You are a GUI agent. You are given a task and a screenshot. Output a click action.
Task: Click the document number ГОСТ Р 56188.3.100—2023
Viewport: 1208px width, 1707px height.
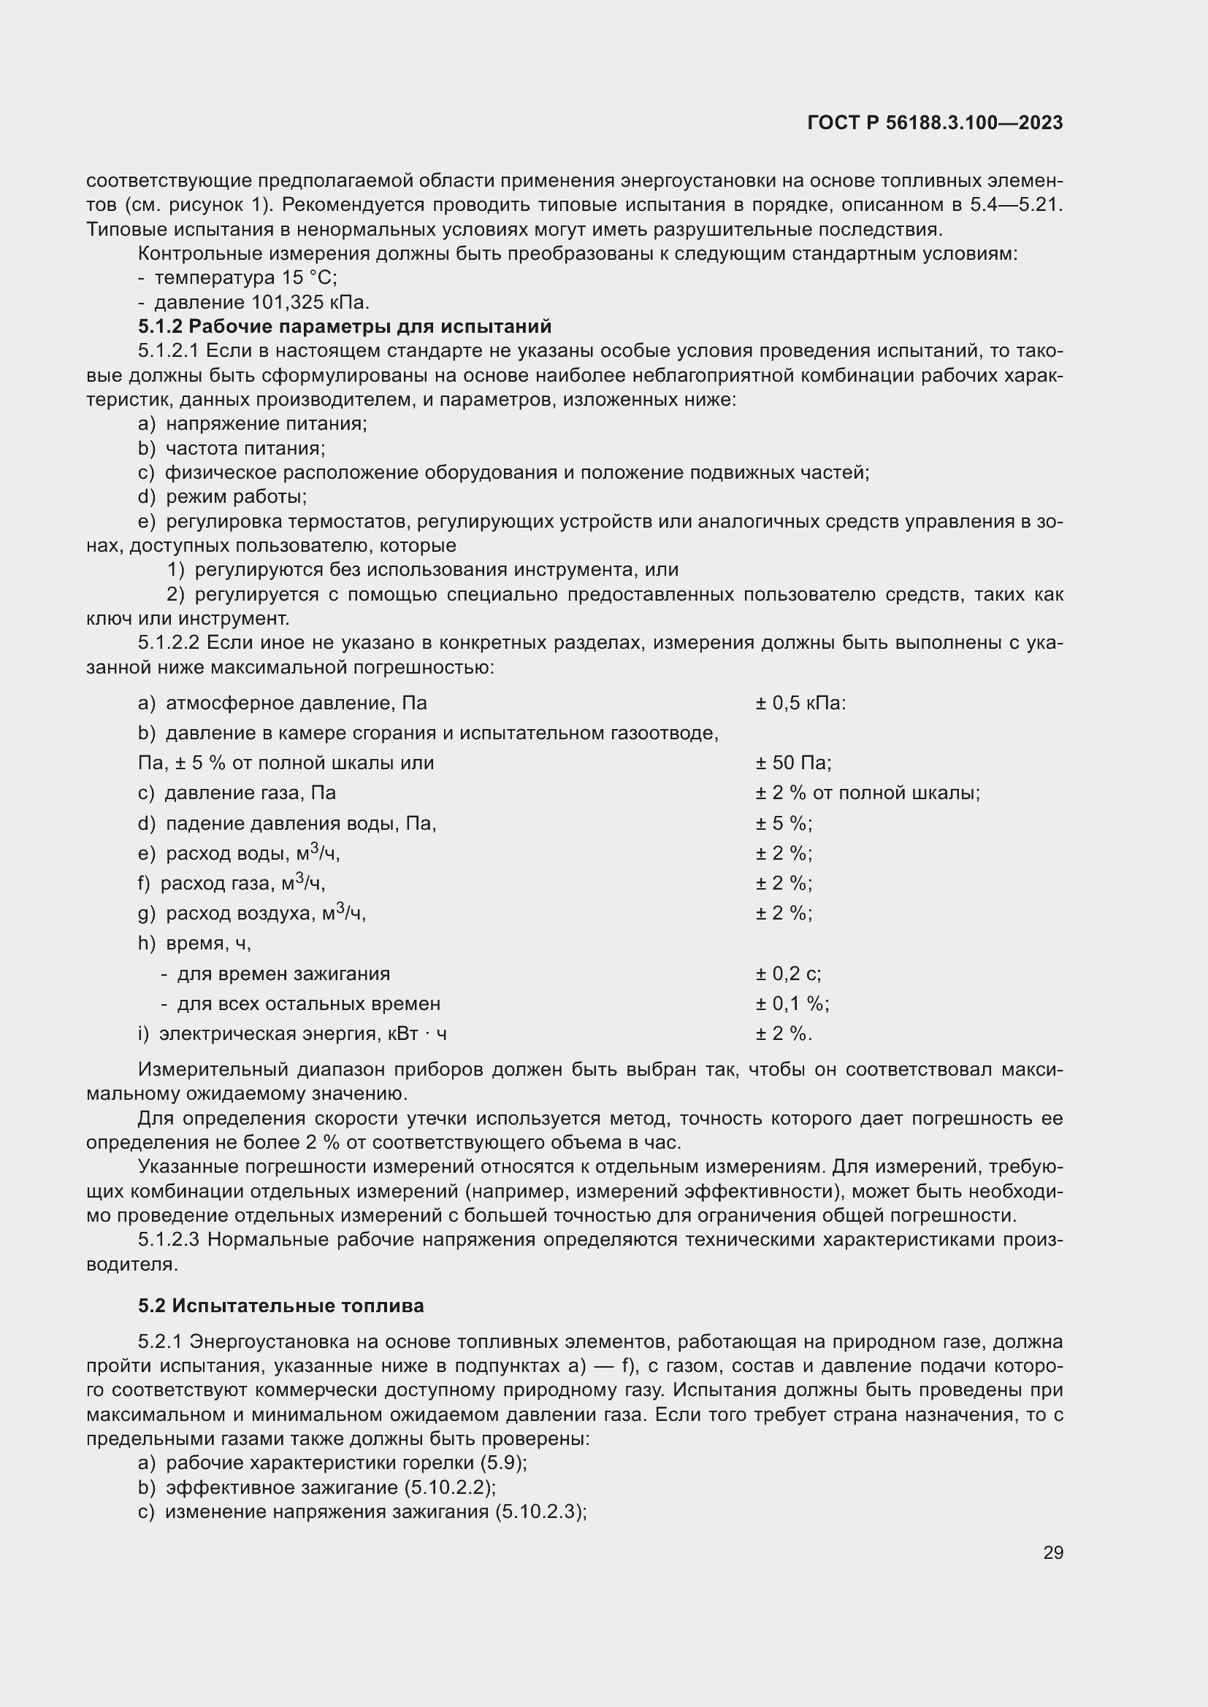pyautogui.click(x=934, y=123)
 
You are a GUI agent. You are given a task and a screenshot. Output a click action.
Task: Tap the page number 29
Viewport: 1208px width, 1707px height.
pyautogui.click(x=1052, y=1552)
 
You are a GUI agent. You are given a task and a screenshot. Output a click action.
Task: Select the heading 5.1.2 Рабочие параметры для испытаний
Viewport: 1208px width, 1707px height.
pyautogui.click(x=345, y=326)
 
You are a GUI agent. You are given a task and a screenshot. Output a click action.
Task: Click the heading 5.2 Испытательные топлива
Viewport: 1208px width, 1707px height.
pyautogui.click(x=281, y=1306)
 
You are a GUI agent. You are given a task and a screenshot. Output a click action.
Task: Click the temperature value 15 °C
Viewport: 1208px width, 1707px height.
pyautogui.click(x=309, y=278)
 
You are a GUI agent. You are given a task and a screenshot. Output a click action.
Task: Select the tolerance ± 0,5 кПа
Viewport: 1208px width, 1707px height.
pyautogui.click(x=800, y=704)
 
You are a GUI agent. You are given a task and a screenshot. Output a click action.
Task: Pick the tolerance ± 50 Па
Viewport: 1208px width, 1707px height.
pyautogui.click(x=793, y=763)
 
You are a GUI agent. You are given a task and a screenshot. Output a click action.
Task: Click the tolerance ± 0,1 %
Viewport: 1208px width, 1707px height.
pyautogui.click(x=792, y=1003)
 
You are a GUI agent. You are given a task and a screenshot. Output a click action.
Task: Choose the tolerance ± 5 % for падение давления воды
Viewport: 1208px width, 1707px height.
pyautogui.click(x=783, y=824)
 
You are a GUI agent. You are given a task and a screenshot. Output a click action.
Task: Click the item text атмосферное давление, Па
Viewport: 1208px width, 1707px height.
pyautogui.click(x=296, y=704)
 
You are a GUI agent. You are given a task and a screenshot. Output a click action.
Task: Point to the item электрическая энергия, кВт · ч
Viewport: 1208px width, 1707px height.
pyautogui.click(x=303, y=1034)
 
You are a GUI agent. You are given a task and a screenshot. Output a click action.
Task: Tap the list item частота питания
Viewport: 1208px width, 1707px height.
pyautogui.click(x=245, y=448)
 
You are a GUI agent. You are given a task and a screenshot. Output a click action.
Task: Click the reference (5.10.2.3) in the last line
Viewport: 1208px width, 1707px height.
pyautogui.click(x=539, y=1512)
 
